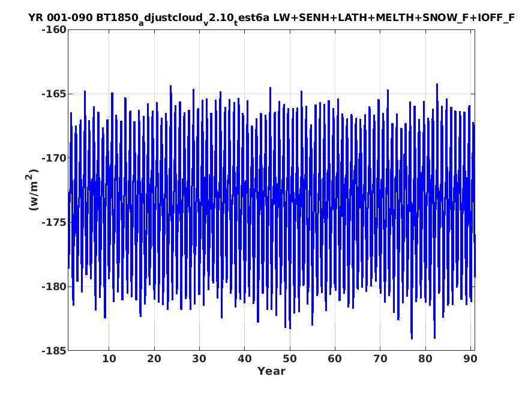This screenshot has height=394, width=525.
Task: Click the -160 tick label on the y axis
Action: (x=54, y=29)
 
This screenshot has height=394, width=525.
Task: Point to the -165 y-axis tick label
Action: (x=54, y=94)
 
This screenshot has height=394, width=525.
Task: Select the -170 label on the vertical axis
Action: (x=54, y=158)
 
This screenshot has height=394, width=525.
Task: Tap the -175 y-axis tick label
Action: (x=54, y=222)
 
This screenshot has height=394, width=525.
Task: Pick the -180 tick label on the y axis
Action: (x=54, y=286)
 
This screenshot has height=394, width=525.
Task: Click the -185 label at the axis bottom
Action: (x=54, y=351)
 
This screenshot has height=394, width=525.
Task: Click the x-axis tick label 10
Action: (x=109, y=359)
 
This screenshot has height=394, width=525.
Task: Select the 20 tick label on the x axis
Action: (x=154, y=359)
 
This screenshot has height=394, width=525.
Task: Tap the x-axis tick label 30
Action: (x=199, y=359)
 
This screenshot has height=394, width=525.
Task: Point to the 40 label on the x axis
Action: (x=244, y=359)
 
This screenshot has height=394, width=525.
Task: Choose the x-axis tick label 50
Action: (x=290, y=359)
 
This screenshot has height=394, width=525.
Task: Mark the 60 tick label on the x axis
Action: (x=335, y=359)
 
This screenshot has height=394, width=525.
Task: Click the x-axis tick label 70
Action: (x=380, y=359)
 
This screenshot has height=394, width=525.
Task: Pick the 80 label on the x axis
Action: (x=425, y=359)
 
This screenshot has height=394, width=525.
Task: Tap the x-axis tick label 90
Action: (x=470, y=359)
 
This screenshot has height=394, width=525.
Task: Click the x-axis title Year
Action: (x=271, y=371)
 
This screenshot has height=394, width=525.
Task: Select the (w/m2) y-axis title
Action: (x=32, y=190)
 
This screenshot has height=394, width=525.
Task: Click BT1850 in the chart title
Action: (x=117, y=17)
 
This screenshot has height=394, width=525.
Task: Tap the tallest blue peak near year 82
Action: (x=437, y=85)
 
